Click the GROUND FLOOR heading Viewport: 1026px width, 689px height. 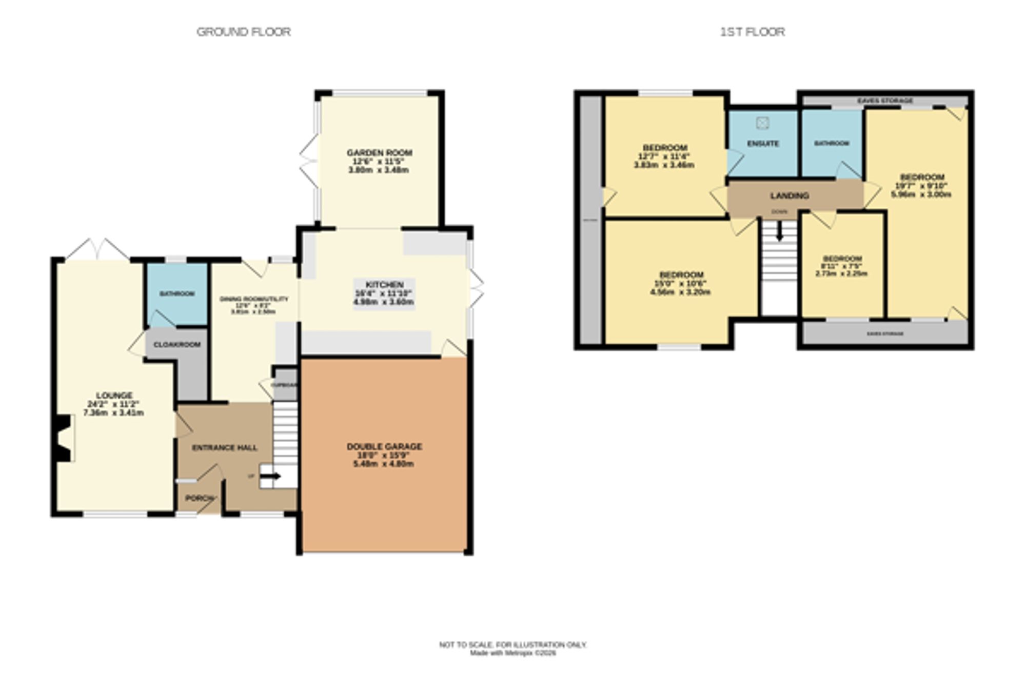[x=244, y=32]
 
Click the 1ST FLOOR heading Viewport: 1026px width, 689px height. [x=752, y=32]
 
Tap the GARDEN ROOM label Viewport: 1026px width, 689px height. [x=379, y=152]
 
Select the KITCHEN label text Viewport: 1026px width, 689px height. [x=384, y=285]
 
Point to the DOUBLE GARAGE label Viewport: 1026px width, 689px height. [x=384, y=446]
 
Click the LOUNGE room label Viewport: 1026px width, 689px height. [x=114, y=395]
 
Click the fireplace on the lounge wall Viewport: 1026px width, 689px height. [x=64, y=438]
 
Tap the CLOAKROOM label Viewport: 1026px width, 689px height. [x=177, y=344]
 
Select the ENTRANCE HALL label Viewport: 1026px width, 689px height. [x=225, y=448]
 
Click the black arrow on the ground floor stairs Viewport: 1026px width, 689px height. [x=270, y=476]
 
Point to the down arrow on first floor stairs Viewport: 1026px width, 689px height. [x=779, y=232]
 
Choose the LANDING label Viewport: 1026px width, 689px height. [x=790, y=195]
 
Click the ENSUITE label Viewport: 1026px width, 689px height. [x=763, y=144]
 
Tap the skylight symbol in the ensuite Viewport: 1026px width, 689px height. [x=762, y=123]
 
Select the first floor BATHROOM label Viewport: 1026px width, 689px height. [x=832, y=144]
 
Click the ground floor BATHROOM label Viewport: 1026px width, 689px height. [x=177, y=294]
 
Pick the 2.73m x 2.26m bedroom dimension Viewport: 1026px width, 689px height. [x=841, y=274]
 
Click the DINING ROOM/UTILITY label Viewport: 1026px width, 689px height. [x=254, y=299]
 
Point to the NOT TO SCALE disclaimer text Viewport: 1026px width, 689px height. [x=512, y=644]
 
